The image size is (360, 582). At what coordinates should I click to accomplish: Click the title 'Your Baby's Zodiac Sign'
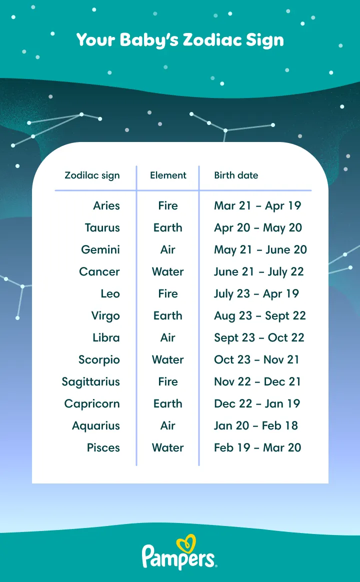(x=180, y=40)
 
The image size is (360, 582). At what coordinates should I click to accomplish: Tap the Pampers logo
(x=179, y=554)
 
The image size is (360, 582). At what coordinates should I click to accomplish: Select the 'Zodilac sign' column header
(x=92, y=175)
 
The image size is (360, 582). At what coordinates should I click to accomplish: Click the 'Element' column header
(x=168, y=175)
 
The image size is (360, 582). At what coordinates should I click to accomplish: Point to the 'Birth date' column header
(x=236, y=175)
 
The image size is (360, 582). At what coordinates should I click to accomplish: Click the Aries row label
(x=106, y=205)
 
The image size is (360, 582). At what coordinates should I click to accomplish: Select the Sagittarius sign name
(x=91, y=382)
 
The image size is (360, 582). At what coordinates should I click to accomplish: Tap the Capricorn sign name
(x=92, y=404)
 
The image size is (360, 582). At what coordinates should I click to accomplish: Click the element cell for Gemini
(x=168, y=250)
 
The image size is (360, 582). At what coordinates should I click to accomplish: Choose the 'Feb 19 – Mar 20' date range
(x=257, y=448)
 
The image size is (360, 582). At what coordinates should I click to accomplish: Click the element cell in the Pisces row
(x=168, y=448)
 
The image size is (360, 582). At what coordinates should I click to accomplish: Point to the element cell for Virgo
(x=168, y=316)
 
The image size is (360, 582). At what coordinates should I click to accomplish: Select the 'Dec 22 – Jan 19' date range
(x=257, y=404)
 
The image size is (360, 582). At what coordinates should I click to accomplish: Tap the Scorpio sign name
(x=99, y=360)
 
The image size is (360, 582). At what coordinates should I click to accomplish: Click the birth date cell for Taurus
(x=258, y=228)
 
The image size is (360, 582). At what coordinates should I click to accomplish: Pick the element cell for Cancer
(x=168, y=272)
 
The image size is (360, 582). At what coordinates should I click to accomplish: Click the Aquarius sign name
(x=96, y=426)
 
